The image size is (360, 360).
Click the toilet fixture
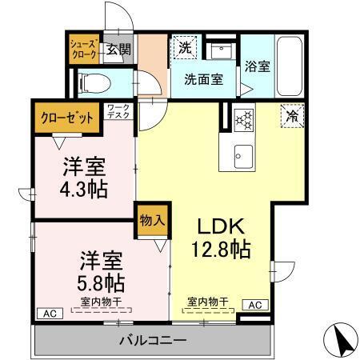tap(95, 83)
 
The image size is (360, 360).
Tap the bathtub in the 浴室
tap(290, 66)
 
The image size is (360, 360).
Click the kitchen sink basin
tap(243, 157)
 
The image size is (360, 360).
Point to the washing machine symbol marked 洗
tap(185, 47)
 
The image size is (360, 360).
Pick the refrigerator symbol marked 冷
tap(292, 116)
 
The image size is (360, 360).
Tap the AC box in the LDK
tap(255, 305)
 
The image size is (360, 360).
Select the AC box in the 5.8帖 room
tap(50, 314)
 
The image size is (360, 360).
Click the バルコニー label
tap(153, 341)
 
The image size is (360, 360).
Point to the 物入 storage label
tap(152, 221)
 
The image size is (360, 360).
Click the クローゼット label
tap(67, 118)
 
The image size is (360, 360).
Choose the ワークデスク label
tap(118, 111)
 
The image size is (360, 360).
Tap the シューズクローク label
tap(84, 50)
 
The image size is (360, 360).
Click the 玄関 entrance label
tap(118, 49)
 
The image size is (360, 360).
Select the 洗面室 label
tap(204, 79)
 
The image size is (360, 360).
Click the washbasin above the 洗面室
tap(221, 52)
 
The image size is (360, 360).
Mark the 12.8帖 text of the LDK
tap(221, 250)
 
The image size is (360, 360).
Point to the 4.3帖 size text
tap(84, 190)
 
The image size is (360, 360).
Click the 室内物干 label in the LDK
tap(208, 302)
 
